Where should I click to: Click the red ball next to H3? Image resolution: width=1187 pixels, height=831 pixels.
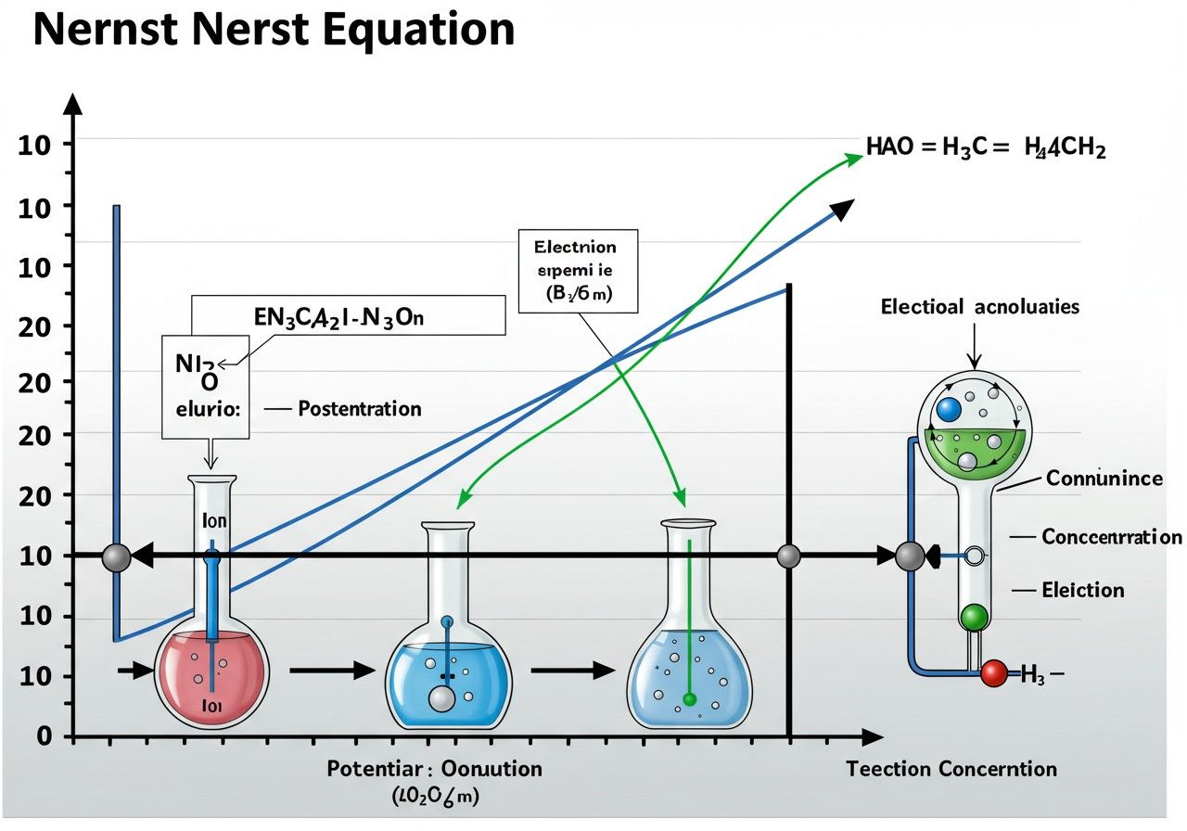pos(994,673)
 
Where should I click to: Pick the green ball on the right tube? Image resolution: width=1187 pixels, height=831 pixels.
pos(974,616)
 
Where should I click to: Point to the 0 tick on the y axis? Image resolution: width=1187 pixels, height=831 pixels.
pos(43,736)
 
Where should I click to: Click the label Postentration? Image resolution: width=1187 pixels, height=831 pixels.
pos(359,409)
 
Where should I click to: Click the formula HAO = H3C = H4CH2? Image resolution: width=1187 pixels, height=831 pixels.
pos(985,148)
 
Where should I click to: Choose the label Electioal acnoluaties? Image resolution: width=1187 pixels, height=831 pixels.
pos(979,307)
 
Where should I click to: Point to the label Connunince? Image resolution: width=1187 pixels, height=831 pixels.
pos(1104,479)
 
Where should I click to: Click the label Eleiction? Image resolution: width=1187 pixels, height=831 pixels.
pos(1083,590)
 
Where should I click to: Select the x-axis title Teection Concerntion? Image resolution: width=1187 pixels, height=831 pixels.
pos(951,769)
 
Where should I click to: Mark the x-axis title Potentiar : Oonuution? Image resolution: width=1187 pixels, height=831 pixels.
pos(435,769)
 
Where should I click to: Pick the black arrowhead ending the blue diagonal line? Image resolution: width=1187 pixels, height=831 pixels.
pos(841,211)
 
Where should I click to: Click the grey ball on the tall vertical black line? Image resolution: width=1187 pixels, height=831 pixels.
pos(788,556)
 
